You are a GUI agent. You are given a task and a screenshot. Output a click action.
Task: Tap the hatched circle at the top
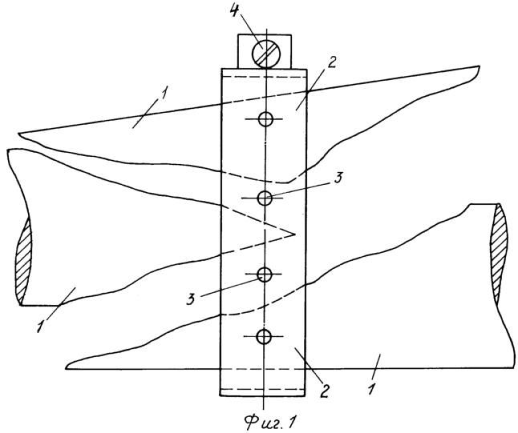[x=266, y=54]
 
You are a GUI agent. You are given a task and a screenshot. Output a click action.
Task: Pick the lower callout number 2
[x=325, y=390]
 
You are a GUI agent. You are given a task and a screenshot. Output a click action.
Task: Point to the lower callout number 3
[x=191, y=299]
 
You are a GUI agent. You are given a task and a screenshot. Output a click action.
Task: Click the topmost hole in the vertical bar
[x=265, y=119]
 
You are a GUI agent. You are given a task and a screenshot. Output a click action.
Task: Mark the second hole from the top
[x=265, y=198]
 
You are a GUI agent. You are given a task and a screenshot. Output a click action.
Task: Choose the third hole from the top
[x=265, y=274]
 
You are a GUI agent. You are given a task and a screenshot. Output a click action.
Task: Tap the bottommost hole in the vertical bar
[x=264, y=336]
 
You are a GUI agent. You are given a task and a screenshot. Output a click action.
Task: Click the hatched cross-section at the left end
[x=24, y=261]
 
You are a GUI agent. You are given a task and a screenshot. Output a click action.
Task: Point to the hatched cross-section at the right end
[x=499, y=252]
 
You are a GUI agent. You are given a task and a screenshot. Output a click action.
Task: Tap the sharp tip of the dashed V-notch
[x=293, y=235]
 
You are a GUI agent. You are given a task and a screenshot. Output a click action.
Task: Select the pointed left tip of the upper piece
[x=18, y=134]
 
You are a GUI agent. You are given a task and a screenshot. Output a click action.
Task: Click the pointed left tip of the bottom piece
[x=67, y=367]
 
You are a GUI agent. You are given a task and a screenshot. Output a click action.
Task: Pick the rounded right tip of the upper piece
[x=479, y=68]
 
